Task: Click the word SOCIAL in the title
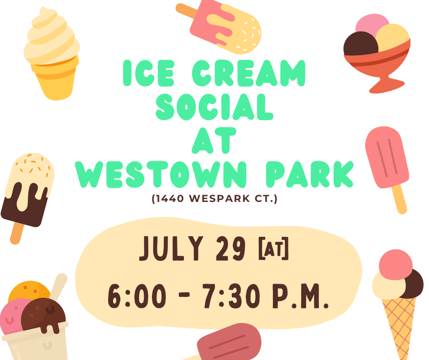tap(214, 107)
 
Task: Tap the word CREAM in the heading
tap(248, 73)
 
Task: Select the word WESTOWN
tap(161, 175)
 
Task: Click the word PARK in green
tap(310, 175)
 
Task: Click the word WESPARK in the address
tap(220, 198)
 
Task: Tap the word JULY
tap(172, 248)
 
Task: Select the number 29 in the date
tap(230, 248)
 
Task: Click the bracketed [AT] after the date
tap(273, 249)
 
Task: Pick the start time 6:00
tap(137, 296)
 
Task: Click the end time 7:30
tap(231, 296)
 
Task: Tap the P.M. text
tap(300, 296)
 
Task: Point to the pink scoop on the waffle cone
tap(395, 265)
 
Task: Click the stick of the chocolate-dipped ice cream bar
tap(17, 233)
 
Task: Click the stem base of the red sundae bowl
tap(386, 85)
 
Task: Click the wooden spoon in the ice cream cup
tap(58, 287)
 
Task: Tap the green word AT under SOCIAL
tap(214, 141)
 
